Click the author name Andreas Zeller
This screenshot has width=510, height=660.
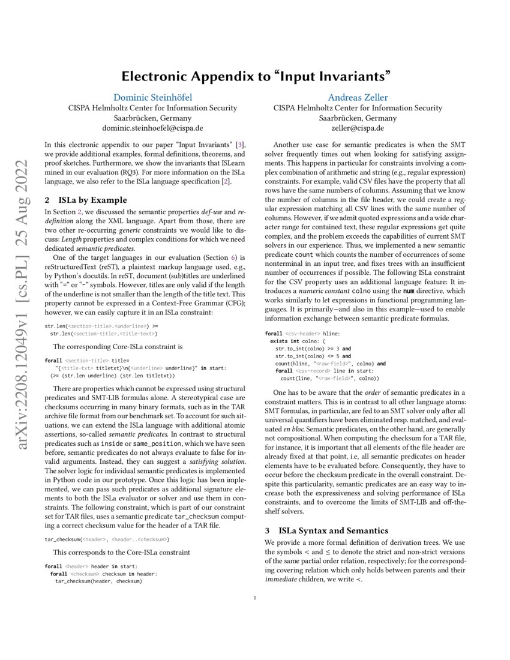358,97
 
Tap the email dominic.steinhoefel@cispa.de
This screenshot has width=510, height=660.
152,128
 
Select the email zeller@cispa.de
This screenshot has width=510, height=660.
358,128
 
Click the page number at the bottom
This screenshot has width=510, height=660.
256,598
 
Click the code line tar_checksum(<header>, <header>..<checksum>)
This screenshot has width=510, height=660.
107,539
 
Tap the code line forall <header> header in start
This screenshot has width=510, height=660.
92,566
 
